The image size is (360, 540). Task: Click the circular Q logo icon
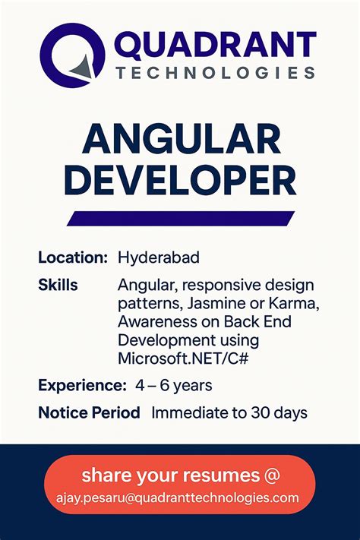tap(72, 57)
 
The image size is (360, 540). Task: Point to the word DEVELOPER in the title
tap(180, 182)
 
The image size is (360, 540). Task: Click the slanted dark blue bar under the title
tap(181, 218)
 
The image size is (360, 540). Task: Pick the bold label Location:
tap(73, 258)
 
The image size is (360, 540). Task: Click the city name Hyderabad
tap(159, 258)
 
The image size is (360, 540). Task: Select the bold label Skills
tap(58, 286)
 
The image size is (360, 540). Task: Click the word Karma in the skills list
tap(294, 304)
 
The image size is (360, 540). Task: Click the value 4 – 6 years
tap(174, 385)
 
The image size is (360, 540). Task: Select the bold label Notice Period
tap(89, 413)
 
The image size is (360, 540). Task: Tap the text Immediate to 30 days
tap(229, 413)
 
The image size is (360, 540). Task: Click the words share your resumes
tap(169, 476)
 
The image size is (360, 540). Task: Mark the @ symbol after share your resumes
tap(270, 476)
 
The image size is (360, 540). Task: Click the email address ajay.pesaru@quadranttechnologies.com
tap(181, 497)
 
